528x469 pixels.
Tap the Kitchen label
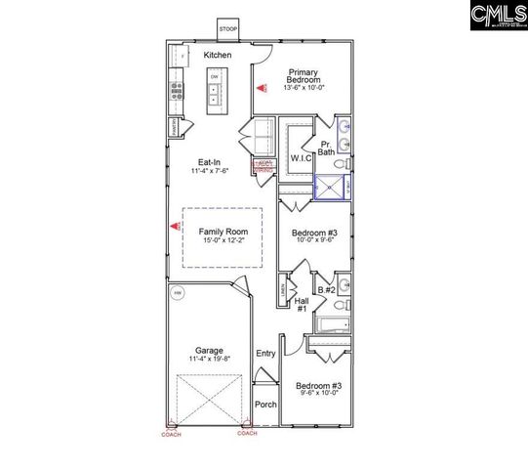point(218,55)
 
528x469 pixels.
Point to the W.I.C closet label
point(300,158)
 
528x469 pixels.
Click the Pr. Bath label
point(326,147)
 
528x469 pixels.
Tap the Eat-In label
point(208,162)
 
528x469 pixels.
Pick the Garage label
point(209,350)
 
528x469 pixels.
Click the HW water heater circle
point(178,292)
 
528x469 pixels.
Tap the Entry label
point(265,353)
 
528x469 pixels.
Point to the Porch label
point(265,404)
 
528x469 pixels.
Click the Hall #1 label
point(303,305)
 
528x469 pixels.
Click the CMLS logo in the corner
point(496,16)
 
